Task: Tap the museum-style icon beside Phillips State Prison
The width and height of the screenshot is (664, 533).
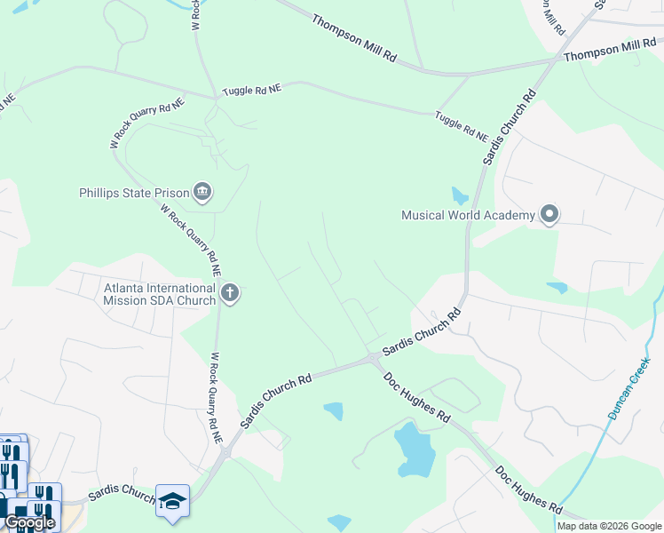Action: (x=202, y=191)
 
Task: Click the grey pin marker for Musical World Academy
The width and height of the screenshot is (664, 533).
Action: (x=549, y=214)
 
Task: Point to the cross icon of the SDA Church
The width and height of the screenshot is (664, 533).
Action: (x=230, y=293)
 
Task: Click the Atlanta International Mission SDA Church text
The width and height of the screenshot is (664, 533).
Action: (x=160, y=294)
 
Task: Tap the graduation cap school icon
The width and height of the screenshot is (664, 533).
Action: (x=172, y=499)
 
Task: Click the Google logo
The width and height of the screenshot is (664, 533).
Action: (x=29, y=522)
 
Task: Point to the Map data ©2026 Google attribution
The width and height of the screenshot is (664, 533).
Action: (x=608, y=526)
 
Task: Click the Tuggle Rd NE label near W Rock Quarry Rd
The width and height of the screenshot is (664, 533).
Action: (x=252, y=91)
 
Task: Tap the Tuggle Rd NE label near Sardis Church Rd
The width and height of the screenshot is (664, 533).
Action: (x=462, y=125)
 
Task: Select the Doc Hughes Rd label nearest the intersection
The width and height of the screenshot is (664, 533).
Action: (x=417, y=397)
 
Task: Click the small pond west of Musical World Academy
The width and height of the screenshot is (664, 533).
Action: (x=459, y=195)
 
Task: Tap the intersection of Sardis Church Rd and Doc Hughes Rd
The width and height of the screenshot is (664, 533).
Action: (x=372, y=358)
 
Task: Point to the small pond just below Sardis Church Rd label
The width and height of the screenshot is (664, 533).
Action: (x=334, y=410)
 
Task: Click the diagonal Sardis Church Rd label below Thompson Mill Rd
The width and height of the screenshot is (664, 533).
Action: (x=510, y=126)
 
